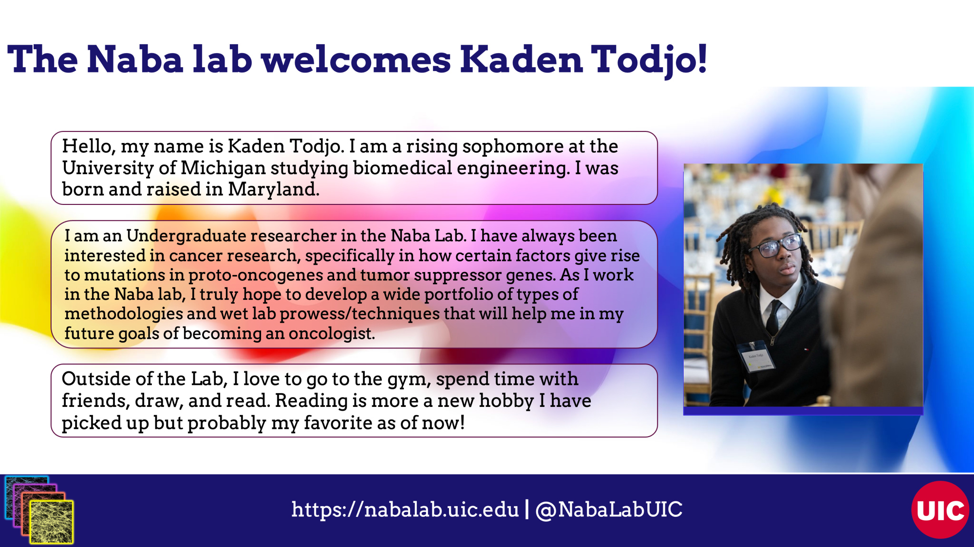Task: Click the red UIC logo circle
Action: point(940,510)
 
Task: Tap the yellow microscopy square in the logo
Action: point(52,522)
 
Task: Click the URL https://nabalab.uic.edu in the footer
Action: point(405,510)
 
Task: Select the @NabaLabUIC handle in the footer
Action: point(609,510)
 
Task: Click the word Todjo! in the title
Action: point(649,59)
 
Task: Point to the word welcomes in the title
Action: point(356,59)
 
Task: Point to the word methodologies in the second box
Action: point(124,314)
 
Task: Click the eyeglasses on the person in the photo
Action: point(776,246)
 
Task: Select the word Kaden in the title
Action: point(522,59)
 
